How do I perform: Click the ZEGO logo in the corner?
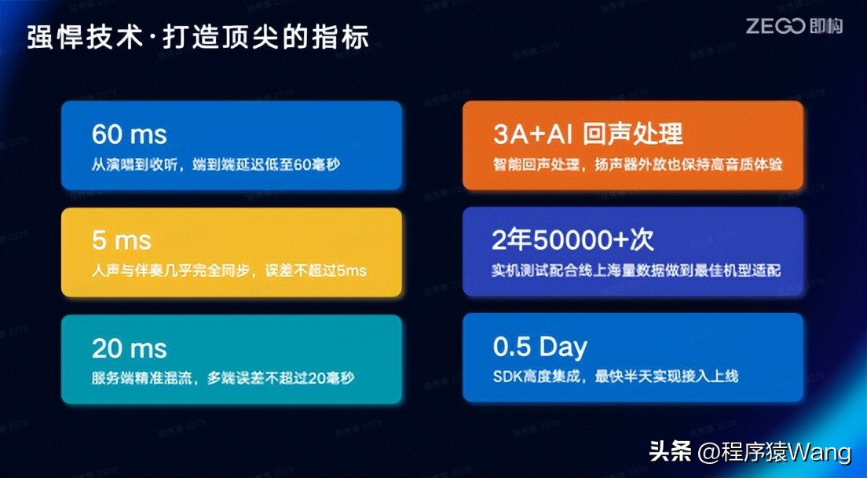(794, 27)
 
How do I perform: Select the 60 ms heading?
(129, 134)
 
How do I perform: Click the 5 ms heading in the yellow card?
(121, 240)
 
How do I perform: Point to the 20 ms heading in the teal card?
(129, 347)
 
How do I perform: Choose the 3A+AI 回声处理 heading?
(588, 134)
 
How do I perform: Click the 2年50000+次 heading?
(573, 239)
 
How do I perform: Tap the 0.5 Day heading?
(540, 347)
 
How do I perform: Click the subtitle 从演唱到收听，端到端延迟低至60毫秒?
(218, 165)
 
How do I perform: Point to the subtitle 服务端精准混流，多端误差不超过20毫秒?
(222, 378)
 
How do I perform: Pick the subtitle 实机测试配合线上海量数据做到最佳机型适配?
(636, 271)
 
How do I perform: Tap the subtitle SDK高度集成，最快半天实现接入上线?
(616, 377)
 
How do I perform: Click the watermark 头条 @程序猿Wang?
(750, 452)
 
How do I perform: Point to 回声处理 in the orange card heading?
(633, 134)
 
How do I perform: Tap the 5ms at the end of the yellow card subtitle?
(352, 271)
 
